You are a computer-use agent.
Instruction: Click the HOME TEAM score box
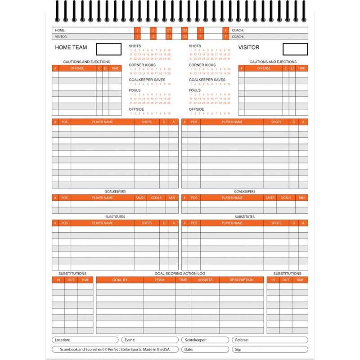tap(109, 49)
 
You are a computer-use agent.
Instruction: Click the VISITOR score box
tap(295, 49)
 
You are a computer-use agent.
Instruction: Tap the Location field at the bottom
tap(85, 340)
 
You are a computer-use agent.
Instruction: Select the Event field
tap(150, 340)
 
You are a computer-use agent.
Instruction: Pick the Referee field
tap(270, 340)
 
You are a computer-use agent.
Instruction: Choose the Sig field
tap(270, 349)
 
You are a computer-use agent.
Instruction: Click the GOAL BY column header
tap(120, 280)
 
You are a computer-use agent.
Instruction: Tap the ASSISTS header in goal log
tap(205, 280)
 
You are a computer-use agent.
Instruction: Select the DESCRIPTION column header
tap(241, 280)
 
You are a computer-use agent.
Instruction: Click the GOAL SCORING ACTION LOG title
tap(180, 273)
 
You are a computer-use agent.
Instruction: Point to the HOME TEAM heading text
tap(71, 47)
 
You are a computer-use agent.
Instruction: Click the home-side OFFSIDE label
tap(136, 109)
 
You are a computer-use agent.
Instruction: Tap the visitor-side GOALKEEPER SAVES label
tap(207, 80)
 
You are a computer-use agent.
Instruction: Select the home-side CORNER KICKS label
tap(140, 65)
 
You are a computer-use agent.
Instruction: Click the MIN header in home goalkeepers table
tap(172, 198)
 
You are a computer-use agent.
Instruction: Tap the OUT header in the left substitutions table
tap(71, 280)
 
